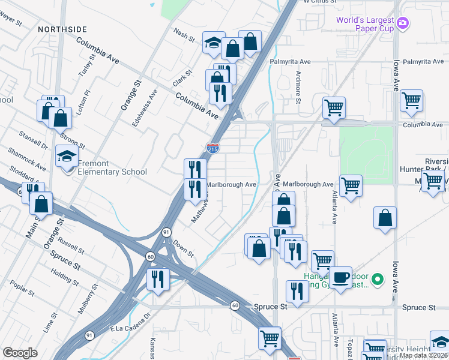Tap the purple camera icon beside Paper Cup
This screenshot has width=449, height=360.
(x=403, y=23)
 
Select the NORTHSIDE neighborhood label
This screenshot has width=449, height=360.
(x=62, y=29)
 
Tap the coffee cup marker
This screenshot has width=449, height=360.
(x=340, y=278)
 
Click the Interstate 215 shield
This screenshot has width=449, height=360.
(x=212, y=147)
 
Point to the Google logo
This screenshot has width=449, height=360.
(x=20, y=353)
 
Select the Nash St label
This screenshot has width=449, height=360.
(x=184, y=35)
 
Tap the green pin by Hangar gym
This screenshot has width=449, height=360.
(x=377, y=279)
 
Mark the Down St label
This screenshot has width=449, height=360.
(x=183, y=248)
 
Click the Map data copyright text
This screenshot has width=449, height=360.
(x=423, y=355)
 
